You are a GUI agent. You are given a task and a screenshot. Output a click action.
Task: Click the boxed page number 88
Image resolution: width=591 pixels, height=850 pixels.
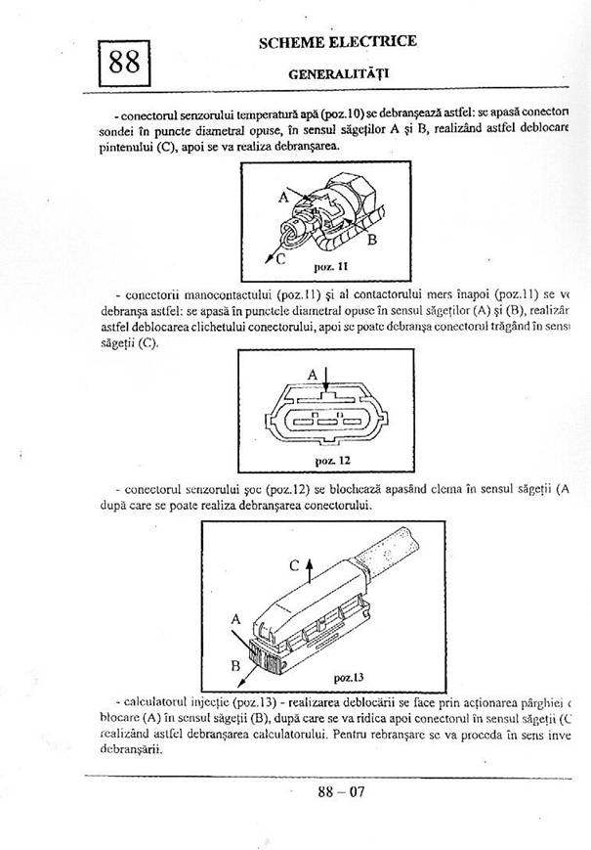point(124,64)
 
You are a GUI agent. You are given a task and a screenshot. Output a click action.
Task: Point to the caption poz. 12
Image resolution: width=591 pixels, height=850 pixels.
point(325,458)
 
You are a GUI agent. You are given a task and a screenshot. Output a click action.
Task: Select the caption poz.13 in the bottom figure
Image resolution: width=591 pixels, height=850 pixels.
point(349,677)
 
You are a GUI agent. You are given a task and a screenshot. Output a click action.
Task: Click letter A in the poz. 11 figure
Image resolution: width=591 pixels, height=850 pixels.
point(283,197)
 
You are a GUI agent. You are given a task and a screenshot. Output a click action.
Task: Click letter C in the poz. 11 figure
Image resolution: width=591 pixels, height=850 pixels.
point(281,260)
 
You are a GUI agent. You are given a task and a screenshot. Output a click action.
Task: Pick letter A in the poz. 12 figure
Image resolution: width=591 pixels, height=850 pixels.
point(313,375)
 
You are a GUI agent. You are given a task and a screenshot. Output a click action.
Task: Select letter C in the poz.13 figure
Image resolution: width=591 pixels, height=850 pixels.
point(293,565)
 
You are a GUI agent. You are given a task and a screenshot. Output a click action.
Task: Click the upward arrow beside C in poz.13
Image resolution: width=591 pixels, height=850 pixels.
point(309,564)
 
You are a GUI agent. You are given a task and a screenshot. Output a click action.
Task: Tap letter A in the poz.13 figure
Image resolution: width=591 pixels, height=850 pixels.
point(235,618)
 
